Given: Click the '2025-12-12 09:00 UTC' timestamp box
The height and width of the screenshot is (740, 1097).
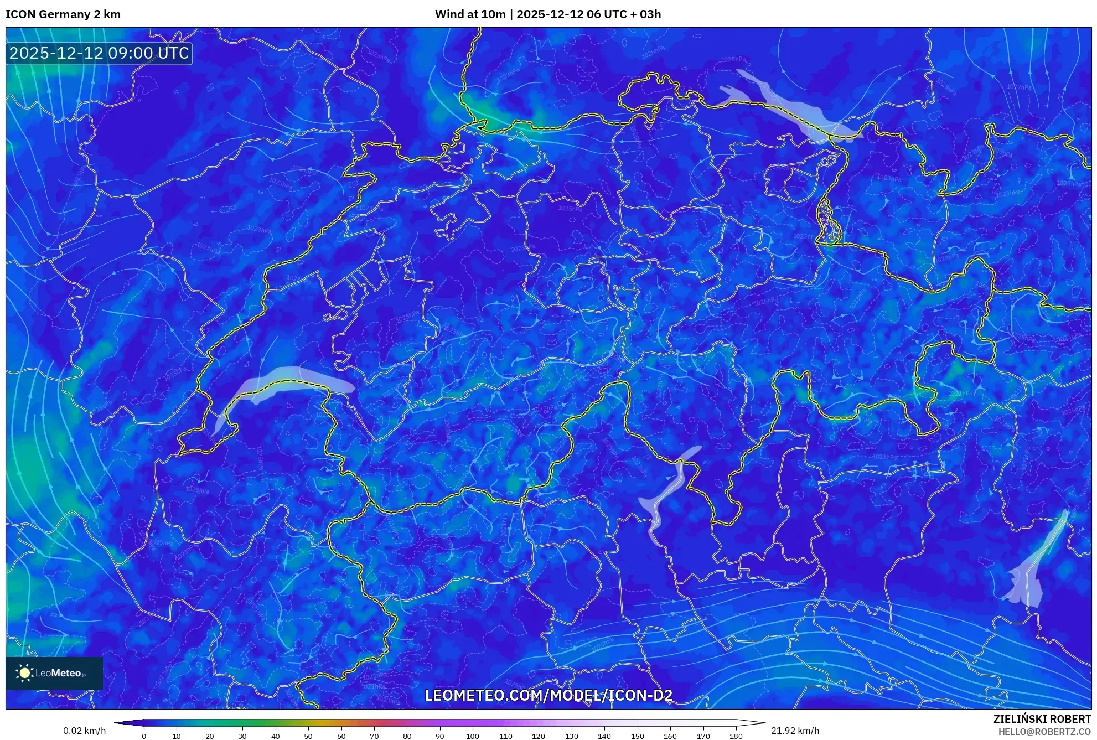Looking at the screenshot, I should coord(99,53).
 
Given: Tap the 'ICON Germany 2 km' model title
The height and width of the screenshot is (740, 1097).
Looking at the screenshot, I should coord(63,14).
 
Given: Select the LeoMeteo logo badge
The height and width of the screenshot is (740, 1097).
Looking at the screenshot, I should coord(54,673).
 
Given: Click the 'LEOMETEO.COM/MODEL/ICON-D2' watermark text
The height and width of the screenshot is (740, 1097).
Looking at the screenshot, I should coord(548,695).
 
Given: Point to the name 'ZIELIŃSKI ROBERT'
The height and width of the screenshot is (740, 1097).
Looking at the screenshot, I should coord(1042,719).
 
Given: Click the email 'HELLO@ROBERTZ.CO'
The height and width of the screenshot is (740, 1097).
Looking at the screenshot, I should coord(1044,732).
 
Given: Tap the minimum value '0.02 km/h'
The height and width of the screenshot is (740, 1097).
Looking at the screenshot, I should coord(84,731).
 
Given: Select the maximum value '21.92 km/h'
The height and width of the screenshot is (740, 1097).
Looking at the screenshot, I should coord(795,731).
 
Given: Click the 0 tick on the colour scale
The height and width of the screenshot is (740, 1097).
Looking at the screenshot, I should coord(144,736).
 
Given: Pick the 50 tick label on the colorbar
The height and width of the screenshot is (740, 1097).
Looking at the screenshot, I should coord(308,736).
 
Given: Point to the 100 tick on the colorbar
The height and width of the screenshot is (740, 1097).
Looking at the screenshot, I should coord(472,736).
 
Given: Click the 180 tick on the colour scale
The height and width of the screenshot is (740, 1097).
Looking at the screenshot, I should coord(736,736).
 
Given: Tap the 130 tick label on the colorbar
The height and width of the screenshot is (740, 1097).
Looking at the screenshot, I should coord(571,736).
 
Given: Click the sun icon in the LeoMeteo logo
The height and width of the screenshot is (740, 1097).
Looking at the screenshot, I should coord(24,673).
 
